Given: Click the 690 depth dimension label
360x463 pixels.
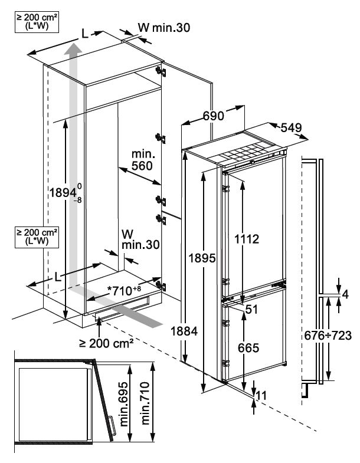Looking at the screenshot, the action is coord(214,116).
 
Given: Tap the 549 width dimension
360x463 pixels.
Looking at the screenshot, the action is coord(291,127).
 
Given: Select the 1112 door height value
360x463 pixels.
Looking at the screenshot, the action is coord(247,239).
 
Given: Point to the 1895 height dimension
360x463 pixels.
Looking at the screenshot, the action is coord(202,258).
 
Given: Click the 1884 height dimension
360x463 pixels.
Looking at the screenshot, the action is coord(184,331).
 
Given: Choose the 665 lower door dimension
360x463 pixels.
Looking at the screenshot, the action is coord(248,348).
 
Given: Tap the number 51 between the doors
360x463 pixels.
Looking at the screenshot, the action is coord(251,309).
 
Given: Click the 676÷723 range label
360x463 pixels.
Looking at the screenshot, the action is coord(328,336).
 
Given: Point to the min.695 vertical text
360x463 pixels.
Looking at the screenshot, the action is coord(124,403).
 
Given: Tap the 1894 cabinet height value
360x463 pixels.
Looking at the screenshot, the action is coord(66,193).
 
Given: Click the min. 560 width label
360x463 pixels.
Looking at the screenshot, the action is coord(142,160).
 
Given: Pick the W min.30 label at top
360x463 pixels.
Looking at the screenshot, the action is coord(163,28).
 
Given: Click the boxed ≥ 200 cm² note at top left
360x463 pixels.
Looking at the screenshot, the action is coord(37,22).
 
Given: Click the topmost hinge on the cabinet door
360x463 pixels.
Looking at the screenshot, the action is coord(161,72).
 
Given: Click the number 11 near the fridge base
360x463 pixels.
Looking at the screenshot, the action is coord(261,395).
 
